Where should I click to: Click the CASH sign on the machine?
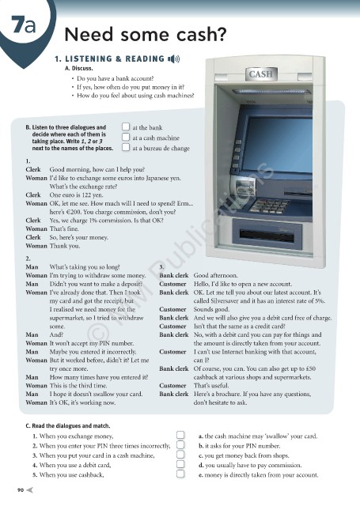tap(261, 74)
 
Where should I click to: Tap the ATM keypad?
tap(269, 206)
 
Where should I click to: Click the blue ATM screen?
tap(278, 145)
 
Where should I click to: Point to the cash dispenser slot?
tap(267, 236)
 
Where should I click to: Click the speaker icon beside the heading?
tap(174, 59)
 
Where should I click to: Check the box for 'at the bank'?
tap(126, 126)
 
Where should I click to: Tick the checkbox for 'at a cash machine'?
tap(126, 137)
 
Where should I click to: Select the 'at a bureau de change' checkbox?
tap(126, 148)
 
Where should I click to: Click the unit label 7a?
tap(24, 25)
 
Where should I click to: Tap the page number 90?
tap(21, 490)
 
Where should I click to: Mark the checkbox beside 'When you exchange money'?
tap(180, 435)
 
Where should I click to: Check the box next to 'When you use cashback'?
tap(180, 474)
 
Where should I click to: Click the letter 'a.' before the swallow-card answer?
tap(201, 436)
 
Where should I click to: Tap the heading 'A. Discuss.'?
tap(79, 69)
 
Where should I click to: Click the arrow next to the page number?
tap(29, 490)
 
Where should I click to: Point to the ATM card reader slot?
tap(244, 187)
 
